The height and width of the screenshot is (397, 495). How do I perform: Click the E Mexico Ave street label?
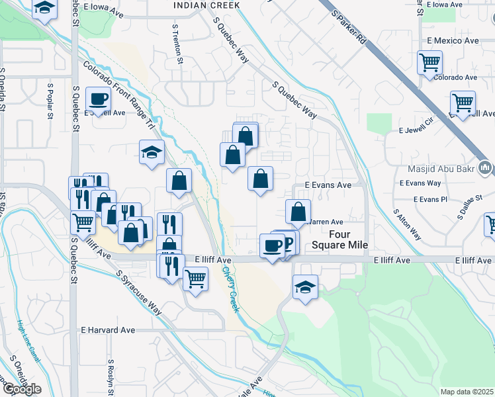(x=453, y=41)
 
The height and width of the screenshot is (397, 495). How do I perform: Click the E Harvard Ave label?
(x=108, y=330)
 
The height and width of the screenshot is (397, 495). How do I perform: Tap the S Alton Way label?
(x=407, y=224)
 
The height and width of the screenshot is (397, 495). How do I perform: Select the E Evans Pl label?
(x=430, y=198)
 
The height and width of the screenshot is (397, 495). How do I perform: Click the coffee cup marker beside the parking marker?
(x=272, y=245)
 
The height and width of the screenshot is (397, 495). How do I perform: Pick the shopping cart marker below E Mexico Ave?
(x=429, y=63)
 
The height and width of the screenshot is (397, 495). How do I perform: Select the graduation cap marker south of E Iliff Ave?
(x=304, y=287)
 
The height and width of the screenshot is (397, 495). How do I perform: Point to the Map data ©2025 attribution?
(x=467, y=392)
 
